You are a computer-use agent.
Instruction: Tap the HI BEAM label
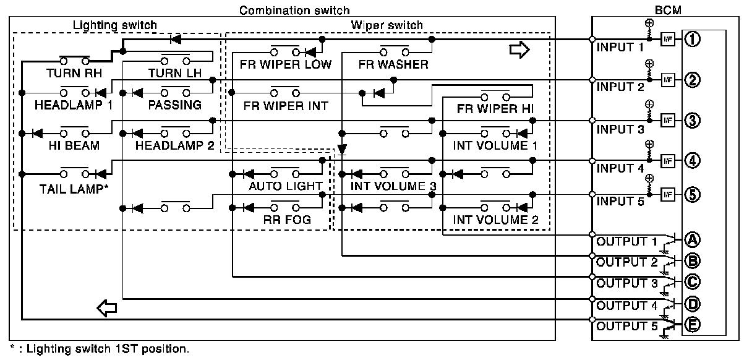(x=73, y=145)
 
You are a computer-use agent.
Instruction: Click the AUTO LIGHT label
(x=285, y=186)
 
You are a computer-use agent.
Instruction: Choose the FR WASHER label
(x=393, y=64)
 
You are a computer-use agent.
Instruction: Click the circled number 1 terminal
(x=693, y=39)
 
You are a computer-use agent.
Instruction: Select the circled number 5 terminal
(x=693, y=194)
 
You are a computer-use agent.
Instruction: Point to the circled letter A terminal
(x=693, y=239)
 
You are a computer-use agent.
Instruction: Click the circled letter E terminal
(x=693, y=324)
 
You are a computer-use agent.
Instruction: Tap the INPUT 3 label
(x=619, y=129)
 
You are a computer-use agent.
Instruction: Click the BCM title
(x=667, y=10)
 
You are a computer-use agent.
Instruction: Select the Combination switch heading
(x=294, y=10)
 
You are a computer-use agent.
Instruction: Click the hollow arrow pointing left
(x=107, y=306)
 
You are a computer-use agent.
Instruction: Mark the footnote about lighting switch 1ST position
(x=99, y=349)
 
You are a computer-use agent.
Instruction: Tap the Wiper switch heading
(x=387, y=25)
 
